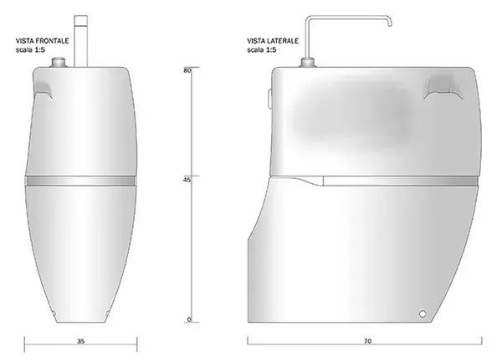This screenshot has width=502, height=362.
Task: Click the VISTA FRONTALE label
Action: (43, 41)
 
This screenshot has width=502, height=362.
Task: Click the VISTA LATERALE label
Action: (273, 41)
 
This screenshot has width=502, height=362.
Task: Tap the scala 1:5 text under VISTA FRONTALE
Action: (30, 49)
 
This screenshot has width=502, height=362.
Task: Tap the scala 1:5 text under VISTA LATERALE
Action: (262, 49)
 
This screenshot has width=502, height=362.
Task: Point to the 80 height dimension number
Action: (187, 70)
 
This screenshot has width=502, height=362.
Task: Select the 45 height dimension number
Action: (187, 180)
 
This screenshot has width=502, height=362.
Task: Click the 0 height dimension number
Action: (189, 319)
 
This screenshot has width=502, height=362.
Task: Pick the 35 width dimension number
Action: (80, 342)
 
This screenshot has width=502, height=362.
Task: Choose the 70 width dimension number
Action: (367, 342)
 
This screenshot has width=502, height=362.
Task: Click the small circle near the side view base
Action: (423, 314)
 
